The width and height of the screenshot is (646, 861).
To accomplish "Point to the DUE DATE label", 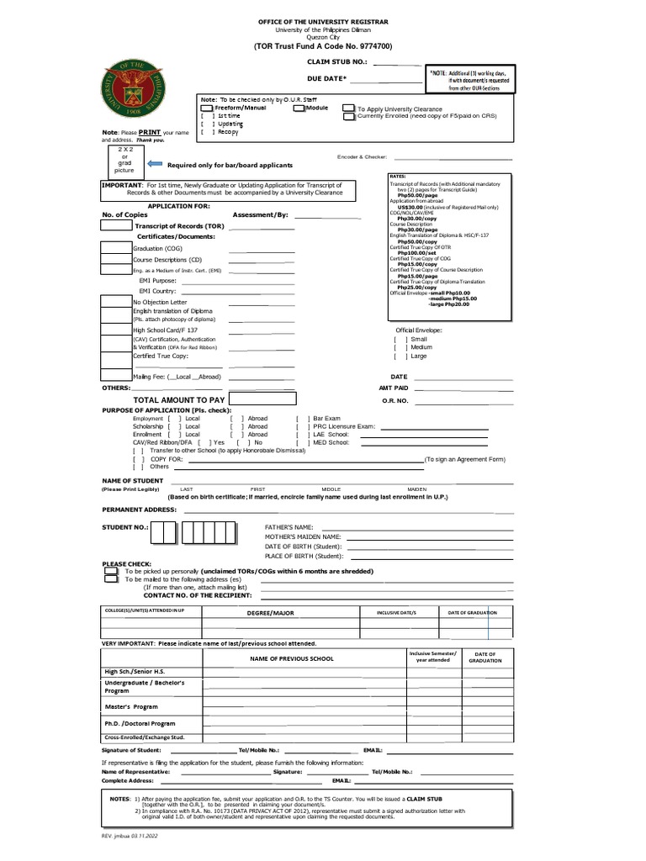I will (326, 78).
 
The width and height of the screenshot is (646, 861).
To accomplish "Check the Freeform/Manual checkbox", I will (206, 108).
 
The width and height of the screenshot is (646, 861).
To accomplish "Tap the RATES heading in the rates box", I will (398, 177).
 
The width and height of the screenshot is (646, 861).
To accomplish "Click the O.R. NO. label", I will (395, 400).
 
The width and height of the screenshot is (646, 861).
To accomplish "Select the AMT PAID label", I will (394, 388).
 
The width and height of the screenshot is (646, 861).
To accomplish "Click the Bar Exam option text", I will (326, 418).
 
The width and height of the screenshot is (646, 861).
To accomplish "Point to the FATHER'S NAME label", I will (289, 526).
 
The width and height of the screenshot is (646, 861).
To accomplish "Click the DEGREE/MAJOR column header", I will (270, 613).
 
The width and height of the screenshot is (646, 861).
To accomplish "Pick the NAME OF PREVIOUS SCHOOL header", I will (290, 658).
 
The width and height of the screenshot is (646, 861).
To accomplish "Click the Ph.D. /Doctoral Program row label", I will (140, 723).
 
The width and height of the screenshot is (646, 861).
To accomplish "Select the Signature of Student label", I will (135, 748).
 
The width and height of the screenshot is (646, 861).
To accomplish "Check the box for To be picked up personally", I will (111, 571).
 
